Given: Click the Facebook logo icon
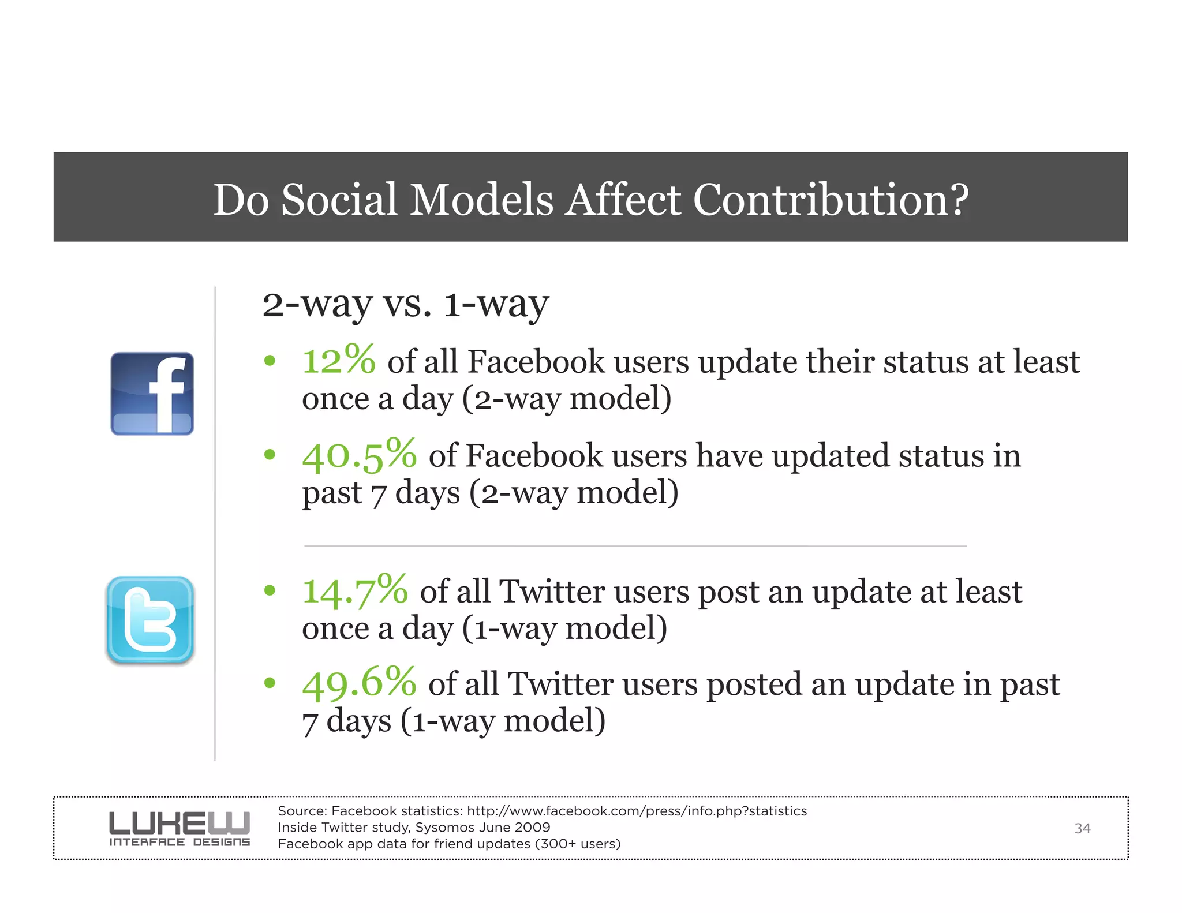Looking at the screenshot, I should tap(152, 394).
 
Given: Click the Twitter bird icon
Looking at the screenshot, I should tap(151, 620).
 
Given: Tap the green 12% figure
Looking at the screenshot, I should tap(339, 361).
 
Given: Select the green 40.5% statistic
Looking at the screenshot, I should tap(359, 455).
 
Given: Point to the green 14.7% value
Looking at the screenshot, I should tap(355, 591).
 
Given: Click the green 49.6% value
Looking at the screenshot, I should tap(359, 683).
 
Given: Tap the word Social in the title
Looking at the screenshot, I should tap(339, 200).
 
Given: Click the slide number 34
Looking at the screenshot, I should tap(1082, 829).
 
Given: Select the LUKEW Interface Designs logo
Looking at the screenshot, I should tap(179, 829).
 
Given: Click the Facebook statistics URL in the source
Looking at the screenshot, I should tap(637, 811).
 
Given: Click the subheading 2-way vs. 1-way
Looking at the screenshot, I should tap(405, 304).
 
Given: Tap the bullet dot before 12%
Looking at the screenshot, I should tap(270, 361).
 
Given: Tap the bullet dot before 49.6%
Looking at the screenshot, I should tap(270, 683).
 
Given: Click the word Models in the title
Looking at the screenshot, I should tap(481, 200).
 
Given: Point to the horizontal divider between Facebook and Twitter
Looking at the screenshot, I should tap(635, 545).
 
